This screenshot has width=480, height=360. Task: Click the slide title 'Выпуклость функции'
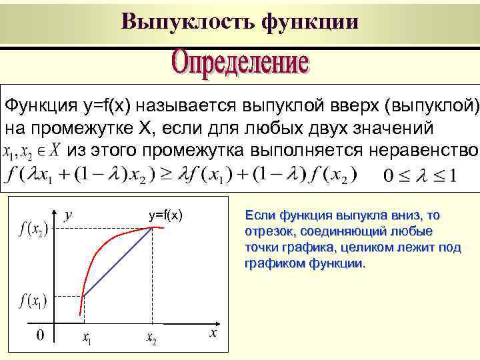(x=240, y=21)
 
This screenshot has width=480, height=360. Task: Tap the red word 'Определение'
(x=241, y=65)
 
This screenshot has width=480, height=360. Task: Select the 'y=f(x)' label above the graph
(x=165, y=215)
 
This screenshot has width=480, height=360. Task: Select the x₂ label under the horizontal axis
(x=152, y=339)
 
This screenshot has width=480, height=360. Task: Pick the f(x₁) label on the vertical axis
(x=32, y=301)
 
